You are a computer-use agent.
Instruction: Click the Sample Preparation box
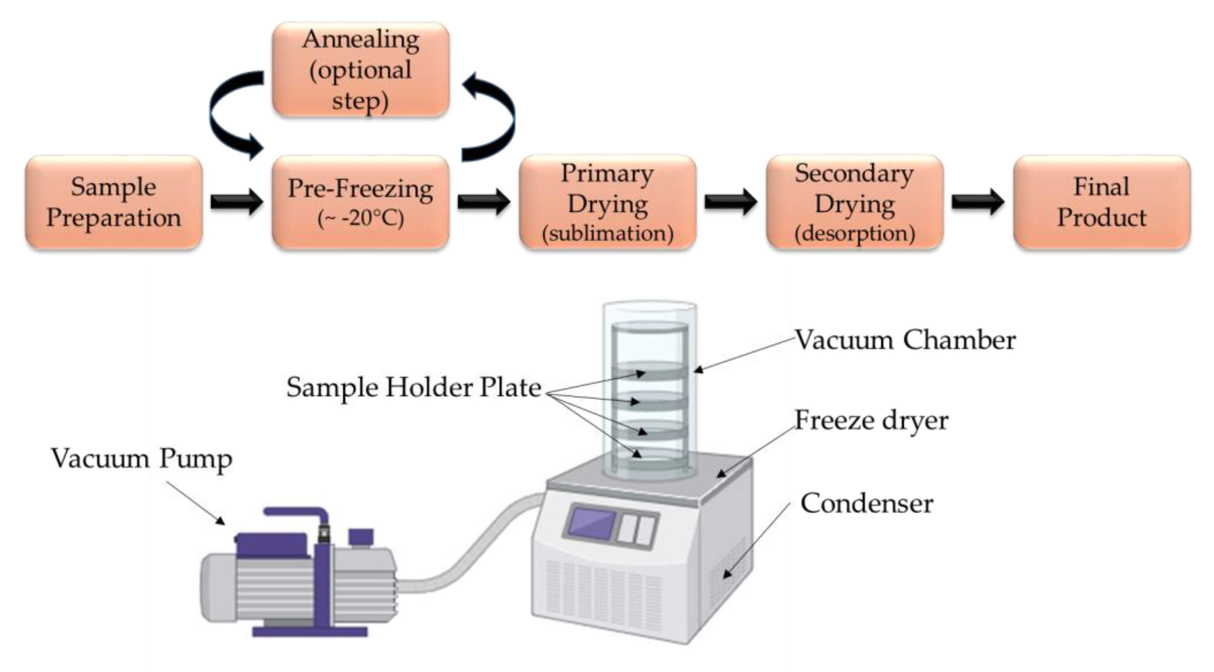[x=114, y=202]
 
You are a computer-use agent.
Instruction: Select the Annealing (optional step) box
[x=360, y=69]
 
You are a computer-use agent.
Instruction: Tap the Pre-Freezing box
[x=360, y=202]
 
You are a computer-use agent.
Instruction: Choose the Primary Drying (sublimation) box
[x=607, y=202]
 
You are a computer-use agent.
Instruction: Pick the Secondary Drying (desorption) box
[x=854, y=202]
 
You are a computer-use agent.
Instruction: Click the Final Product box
[x=1102, y=202]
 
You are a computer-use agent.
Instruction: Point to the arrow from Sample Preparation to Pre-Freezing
[x=237, y=202]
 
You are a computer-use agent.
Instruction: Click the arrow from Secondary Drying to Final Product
[x=978, y=202]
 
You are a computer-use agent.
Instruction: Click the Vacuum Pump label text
[x=142, y=458]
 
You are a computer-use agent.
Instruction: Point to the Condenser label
[x=867, y=503]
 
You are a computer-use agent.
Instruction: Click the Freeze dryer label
[x=871, y=420]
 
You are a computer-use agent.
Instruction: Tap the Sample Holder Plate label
[x=414, y=388]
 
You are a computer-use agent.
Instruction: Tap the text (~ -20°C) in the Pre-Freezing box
[x=360, y=219]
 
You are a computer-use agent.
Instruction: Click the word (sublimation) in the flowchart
[x=607, y=233]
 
